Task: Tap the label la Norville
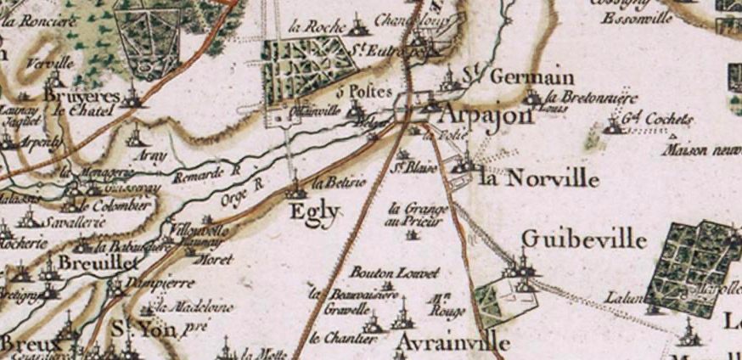click(x=539, y=179)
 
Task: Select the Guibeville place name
click(x=583, y=239)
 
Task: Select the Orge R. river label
click(x=244, y=196)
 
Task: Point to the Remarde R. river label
click(x=206, y=173)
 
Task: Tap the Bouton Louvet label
click(x=395, y=273)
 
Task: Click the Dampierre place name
click(x=160, y=283)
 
